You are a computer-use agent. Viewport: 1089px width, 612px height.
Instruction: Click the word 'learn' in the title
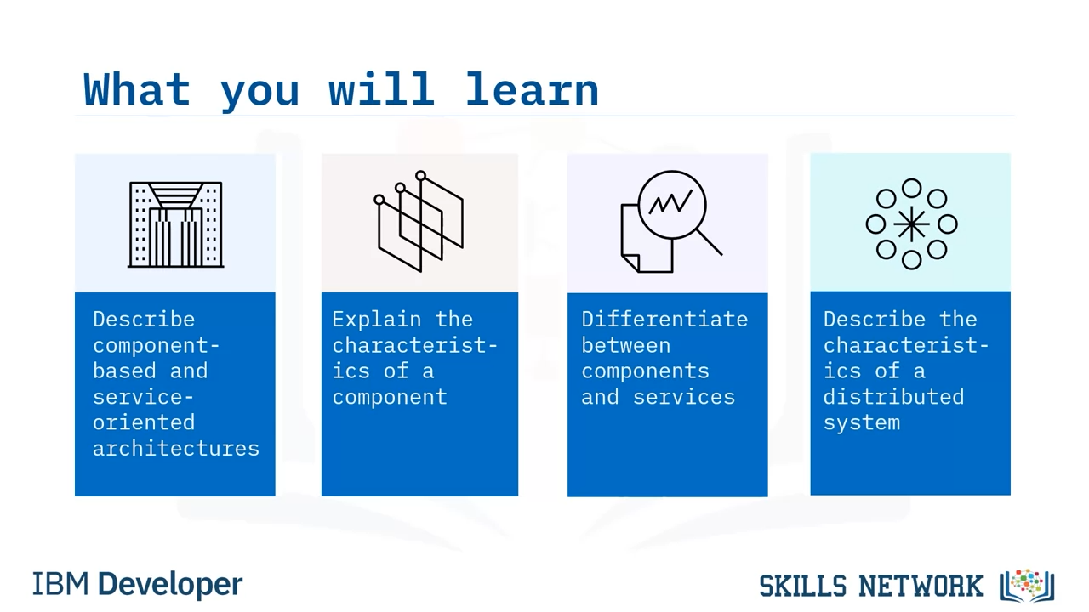coord(532,89)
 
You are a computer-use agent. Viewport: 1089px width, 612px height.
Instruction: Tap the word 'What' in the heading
coord(137,89)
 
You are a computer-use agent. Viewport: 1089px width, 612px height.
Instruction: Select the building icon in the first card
coord(175,224)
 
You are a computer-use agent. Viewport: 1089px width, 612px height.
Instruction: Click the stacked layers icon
coord(419,221)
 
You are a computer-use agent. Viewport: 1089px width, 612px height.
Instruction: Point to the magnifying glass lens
coord(671,205)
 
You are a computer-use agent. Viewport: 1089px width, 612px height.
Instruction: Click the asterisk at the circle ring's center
coord(911,224)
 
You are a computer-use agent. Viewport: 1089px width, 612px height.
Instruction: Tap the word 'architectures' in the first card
coord(176,448)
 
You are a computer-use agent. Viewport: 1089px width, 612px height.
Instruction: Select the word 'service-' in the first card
coord(144,397)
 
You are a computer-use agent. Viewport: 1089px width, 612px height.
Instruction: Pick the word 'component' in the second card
coord(390,397)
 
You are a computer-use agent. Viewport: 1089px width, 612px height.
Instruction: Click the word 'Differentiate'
coord(664,319)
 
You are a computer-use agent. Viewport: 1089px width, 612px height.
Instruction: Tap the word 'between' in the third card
coord(625,345)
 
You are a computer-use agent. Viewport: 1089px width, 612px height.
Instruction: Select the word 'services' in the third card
coord(683,397)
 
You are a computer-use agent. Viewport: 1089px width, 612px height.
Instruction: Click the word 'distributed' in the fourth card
coord(893,396)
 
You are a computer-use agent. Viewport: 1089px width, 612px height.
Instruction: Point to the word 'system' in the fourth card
coord(862,423)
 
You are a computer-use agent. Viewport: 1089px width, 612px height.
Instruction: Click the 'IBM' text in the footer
coord(60,584)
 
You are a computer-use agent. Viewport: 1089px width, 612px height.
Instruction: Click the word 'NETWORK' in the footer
coord(921,586)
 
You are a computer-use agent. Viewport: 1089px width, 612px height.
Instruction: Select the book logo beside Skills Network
coord(1027,586)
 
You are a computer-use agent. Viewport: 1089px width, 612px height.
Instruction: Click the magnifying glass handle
coord(710,242)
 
